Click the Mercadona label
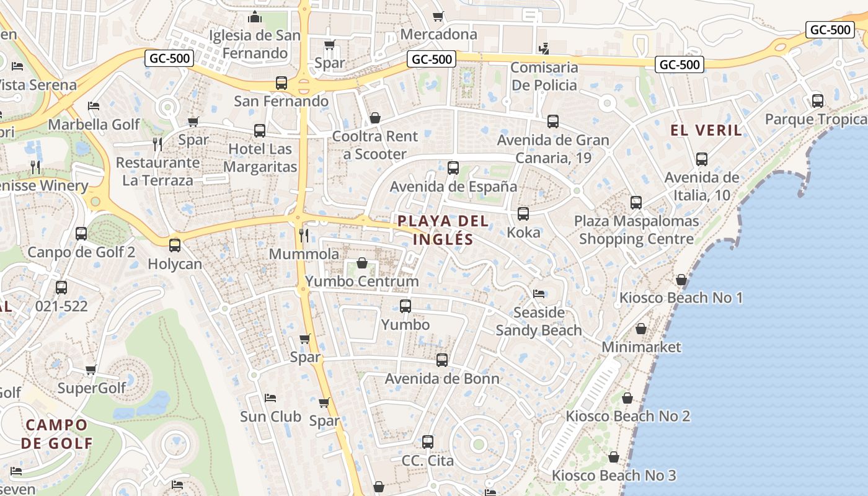tap(439, 34)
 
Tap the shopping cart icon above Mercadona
tap(438, 17)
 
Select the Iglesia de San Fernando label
tap(255, 44)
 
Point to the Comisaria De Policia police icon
tap(544, 48)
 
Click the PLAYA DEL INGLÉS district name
tap(443, 230)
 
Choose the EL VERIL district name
tap(706, 130)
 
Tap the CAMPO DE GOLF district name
tap(57, 434)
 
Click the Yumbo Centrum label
tap(362, 281)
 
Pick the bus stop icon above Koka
tap(523, 214)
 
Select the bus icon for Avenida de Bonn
tap(442, 360)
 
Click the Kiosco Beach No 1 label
tap(681, 298)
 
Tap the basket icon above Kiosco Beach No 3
tap(614, 458)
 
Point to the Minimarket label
tap(641, 347)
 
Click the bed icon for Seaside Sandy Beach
tap(539, 294)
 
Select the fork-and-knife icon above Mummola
tap(304, 235)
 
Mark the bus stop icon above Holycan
tap(175, 245)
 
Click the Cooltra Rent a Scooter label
tap(375, 145)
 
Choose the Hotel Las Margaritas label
tap(260, 158)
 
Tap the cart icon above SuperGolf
tap(91, 370)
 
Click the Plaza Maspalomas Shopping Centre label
tap(636, 230)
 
